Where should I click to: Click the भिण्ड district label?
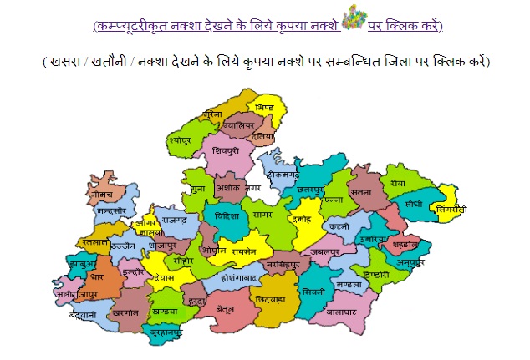[263, 109]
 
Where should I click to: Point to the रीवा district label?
[397, 182]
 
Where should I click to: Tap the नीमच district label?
[102, 194]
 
